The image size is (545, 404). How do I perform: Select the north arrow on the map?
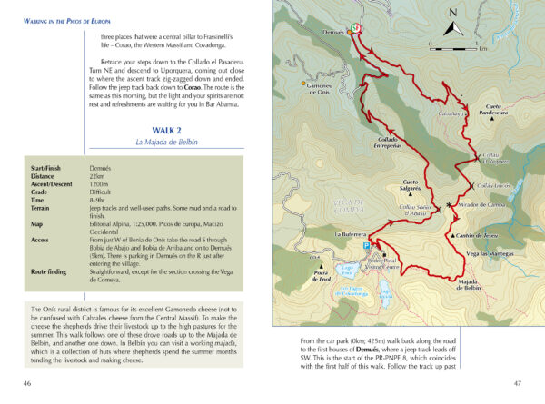(x=451, y=25)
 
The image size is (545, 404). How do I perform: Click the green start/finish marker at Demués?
(x=356, y=27)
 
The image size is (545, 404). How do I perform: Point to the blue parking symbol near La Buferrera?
(x=367, y=244)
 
